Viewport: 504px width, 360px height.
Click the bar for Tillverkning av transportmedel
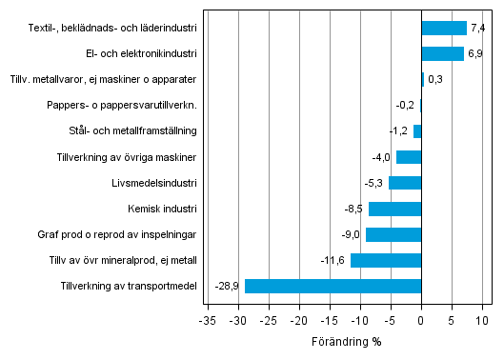coord(333,286)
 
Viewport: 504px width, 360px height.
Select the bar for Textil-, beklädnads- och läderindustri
coord(444,28)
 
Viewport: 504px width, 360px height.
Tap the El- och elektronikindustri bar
coord(442,53)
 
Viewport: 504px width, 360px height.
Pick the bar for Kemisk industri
coord(394,209)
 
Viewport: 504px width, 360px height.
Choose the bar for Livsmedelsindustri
coord(404,183)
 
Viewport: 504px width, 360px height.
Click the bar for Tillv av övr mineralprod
coord(385,260)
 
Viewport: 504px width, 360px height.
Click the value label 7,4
coord(478,28)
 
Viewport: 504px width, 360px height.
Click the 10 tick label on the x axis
coord(481,321)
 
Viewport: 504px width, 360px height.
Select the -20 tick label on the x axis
coord(299,321)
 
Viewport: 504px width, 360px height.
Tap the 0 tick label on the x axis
coord(421,321)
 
